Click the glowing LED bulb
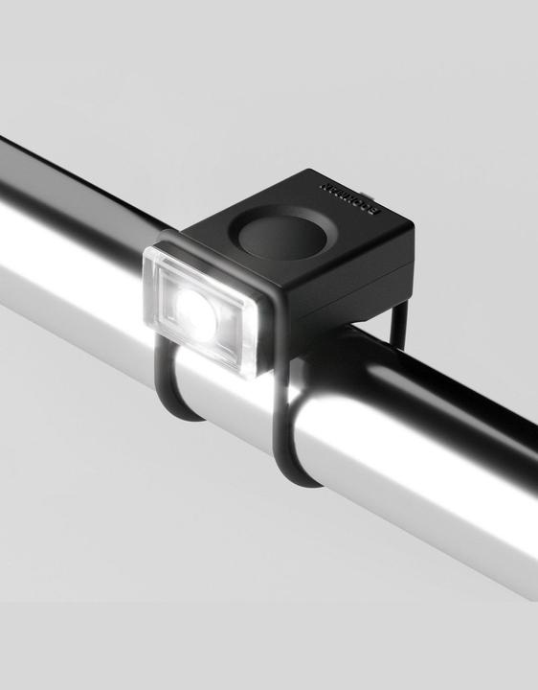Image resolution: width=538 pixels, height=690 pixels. [195, 309]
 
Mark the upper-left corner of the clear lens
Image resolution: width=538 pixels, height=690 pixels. [147, 251]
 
